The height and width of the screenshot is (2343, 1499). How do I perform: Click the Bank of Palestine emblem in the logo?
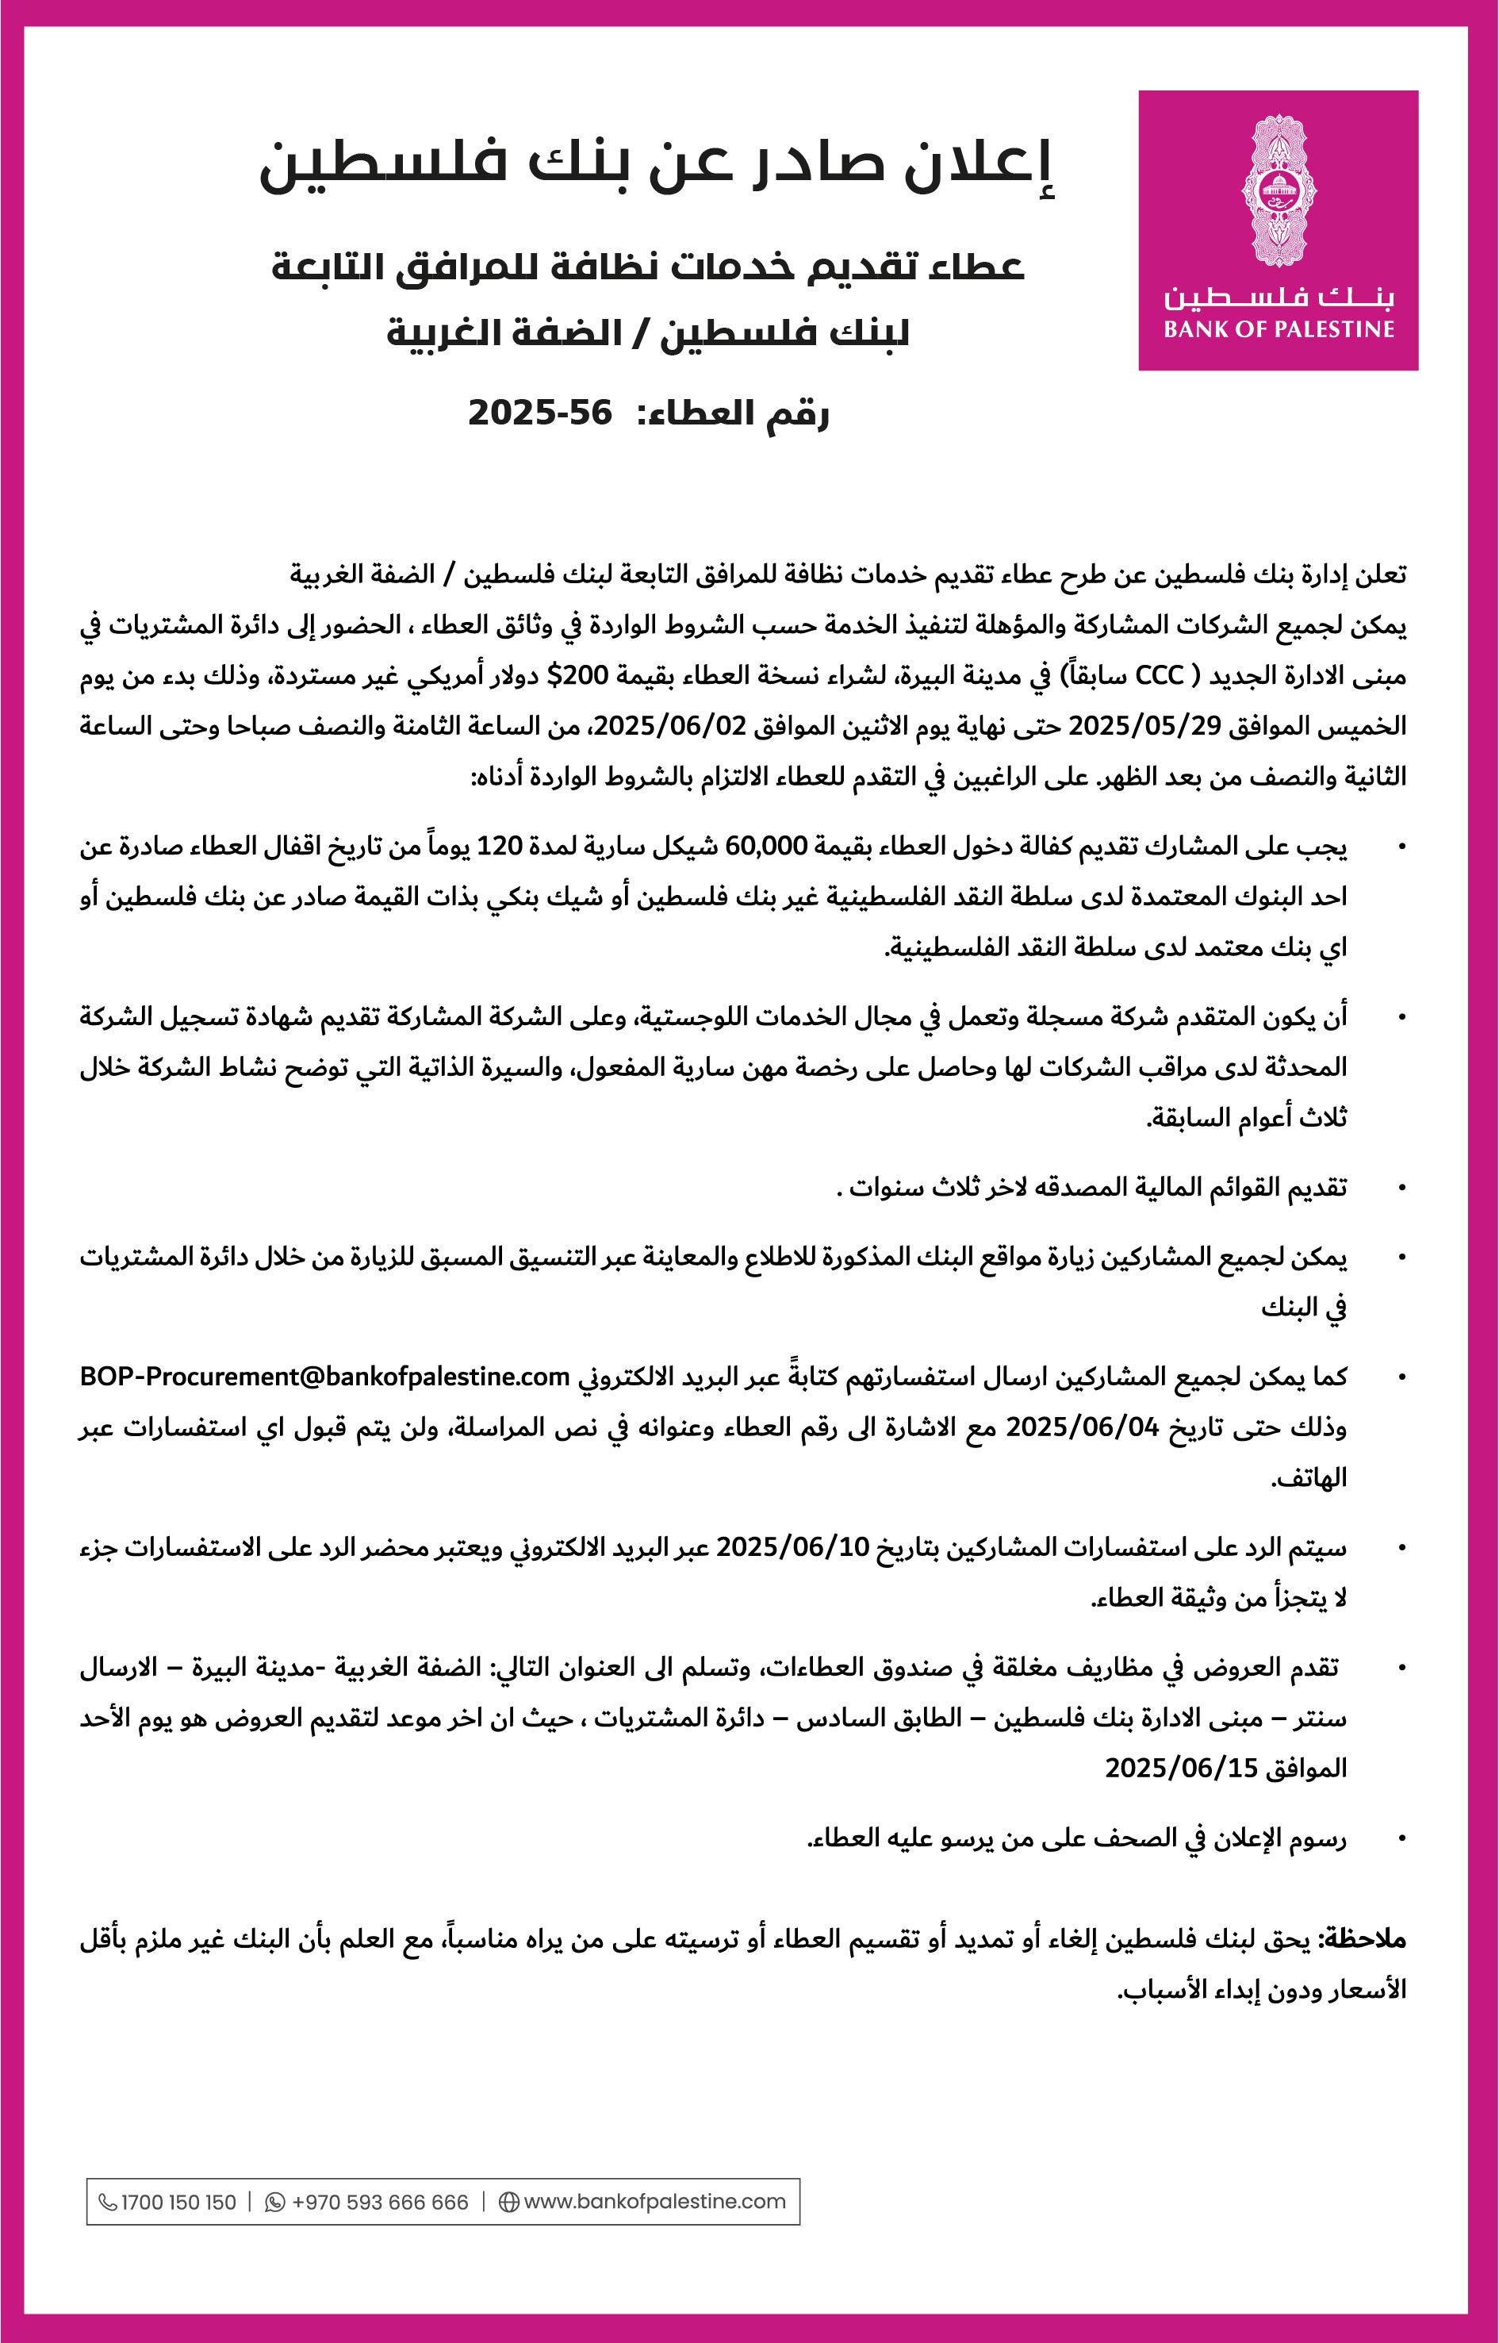pyautogui.click(x=1278, y=191)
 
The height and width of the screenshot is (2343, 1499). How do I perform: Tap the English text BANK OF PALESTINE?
pyautogui.click(x=1278, y=330)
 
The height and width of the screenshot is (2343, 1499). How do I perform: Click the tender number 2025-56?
pyautogui.click(x=540, y=413)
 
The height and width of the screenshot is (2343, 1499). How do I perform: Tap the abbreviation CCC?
pyautogui.click(x=1160, y=675)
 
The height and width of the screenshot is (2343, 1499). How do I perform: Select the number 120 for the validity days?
pyautogui.click(x=500, y=845)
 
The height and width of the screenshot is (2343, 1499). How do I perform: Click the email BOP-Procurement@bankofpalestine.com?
pyautogui.click(x=324, y=1377)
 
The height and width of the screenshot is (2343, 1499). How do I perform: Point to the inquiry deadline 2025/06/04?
pyautogui.click(x=1083, y=1427)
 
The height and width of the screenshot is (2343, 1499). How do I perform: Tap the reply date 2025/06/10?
pyautogui.click(x=792, y=1547)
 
